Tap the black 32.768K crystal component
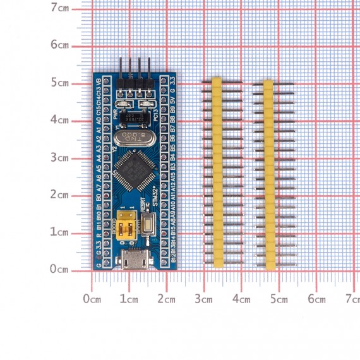134,118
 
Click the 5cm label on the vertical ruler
61,83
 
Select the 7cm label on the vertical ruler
61,8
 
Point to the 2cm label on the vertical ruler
61,195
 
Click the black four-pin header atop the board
135,83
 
